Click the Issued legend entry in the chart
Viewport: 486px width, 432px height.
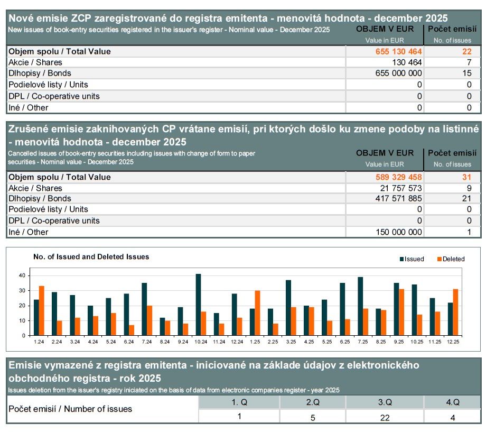pyautogui.click(x=413, y=259)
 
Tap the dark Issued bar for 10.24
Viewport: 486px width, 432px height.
pyautogui.click(x=198, y=305)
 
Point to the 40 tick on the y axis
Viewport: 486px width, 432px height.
pyautogui.click(x=22, y=275)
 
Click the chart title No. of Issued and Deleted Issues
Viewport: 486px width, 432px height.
pyautogui.click(x=91, y=257)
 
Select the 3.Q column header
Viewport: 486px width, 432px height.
pyautogui.click(x=385, y=402)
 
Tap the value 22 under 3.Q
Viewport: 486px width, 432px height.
pyautogui.click(x=385, y=417)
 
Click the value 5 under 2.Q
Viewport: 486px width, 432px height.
pyautogui.click(x=312, y=417)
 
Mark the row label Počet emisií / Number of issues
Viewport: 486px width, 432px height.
pyautogui.click(x=70, y=409)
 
